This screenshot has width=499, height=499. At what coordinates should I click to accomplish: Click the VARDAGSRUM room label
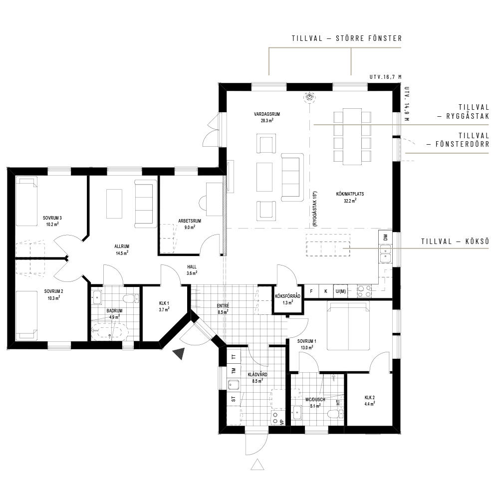coord(266,114)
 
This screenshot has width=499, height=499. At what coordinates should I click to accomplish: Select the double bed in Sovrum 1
coord(348,325)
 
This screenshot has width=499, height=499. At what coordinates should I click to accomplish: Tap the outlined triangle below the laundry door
coord(257,465)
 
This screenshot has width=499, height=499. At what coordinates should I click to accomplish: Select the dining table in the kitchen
coord(352,137)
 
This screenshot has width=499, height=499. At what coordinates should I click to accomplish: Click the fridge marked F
coord(311,291)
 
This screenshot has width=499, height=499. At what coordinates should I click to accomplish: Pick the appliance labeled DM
coord(385,238)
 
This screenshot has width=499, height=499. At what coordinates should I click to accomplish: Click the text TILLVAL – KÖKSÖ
coord(455,242)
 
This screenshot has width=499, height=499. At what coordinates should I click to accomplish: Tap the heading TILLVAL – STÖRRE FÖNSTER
coord(347,38)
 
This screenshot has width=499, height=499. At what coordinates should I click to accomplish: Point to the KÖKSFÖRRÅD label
coord(287,296)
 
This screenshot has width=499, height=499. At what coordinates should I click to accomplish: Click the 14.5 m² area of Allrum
coord(122,253)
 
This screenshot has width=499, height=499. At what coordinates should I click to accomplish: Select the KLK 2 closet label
coord(369,398)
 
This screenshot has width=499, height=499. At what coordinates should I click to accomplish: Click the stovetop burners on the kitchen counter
coord(364,291)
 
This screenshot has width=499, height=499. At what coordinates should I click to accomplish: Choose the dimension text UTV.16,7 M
coord(386,77)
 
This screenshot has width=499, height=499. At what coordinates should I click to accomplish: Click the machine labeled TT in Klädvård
coord(234,357)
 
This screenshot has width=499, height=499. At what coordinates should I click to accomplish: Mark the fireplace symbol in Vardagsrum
coord(309,97)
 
